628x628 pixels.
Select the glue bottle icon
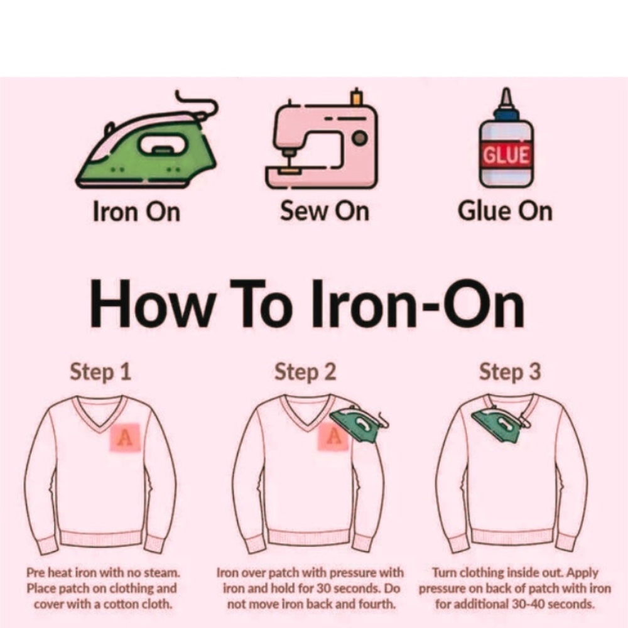506,138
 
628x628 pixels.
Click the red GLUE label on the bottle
506,154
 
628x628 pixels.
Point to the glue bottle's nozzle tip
506,89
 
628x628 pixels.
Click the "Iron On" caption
136,211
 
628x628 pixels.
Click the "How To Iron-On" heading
307,303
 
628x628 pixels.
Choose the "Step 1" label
100,372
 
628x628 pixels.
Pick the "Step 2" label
305,372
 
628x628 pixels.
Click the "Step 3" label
510,372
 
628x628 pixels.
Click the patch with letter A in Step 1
126,437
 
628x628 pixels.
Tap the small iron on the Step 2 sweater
358,424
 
